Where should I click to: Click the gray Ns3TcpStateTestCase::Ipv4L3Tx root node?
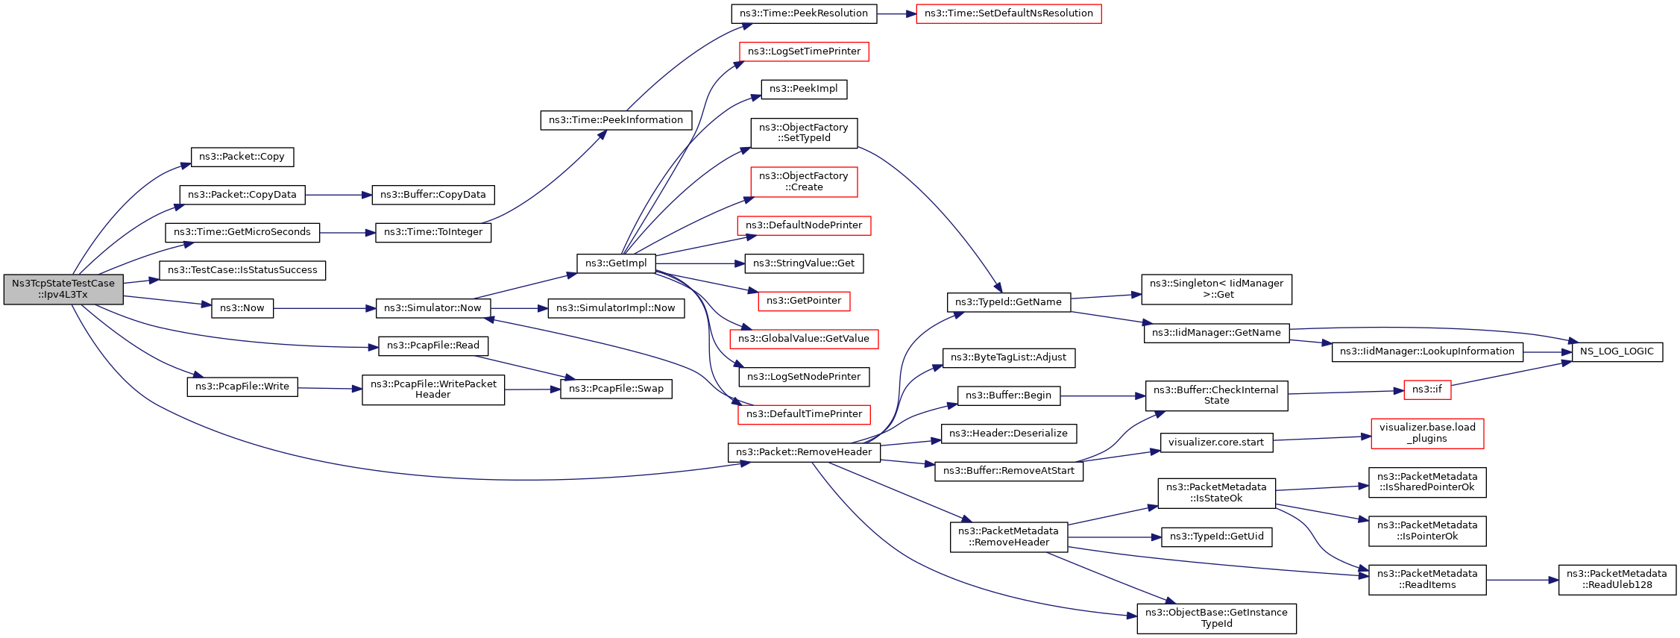click(63, 290)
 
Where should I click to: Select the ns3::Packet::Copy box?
click(242, 157)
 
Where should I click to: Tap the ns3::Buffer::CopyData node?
click(433, 195)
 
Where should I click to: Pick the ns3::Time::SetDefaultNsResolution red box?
click(1009, 13)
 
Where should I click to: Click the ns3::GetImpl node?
click(616, 263)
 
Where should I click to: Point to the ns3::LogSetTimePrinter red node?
click(805, 51)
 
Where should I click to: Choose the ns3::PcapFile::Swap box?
click(616, 389)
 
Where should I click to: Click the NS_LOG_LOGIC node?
click(1617, 351)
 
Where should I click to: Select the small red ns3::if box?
click(1427, 390)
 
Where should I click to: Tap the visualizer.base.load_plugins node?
click(1427, 433)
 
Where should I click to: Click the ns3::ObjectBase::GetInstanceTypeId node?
click(1217, 619)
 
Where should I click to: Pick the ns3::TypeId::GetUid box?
click(1217, 537)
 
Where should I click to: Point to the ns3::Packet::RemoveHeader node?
click(804, 452)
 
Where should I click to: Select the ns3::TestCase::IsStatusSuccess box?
click(242, 270)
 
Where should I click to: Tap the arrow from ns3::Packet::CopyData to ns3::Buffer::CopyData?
click(339, 195)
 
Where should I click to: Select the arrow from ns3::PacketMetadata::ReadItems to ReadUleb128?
click(1522, 580)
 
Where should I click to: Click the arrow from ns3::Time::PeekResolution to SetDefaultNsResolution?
click(896, 13)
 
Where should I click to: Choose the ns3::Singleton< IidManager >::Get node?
click(1217, 290)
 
